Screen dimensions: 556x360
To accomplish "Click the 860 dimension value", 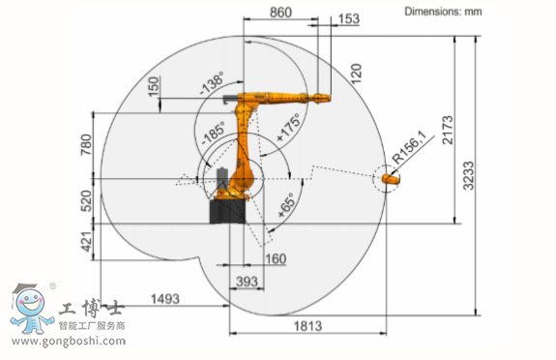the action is point(280,13).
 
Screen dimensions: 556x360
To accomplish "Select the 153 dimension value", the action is point(348,18).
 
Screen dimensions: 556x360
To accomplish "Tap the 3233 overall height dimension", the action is point(468,175).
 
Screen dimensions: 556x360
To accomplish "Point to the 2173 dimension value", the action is point(448,130).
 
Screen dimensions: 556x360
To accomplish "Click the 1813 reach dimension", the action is point(307,325).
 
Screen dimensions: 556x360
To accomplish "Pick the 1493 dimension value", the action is point(165,299).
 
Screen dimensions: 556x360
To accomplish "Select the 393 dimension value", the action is point(247,282).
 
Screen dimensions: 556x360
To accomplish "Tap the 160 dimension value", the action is point(276,258).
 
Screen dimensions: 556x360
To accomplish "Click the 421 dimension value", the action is point(86,241).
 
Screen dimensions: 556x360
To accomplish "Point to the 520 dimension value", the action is point(86,200).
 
